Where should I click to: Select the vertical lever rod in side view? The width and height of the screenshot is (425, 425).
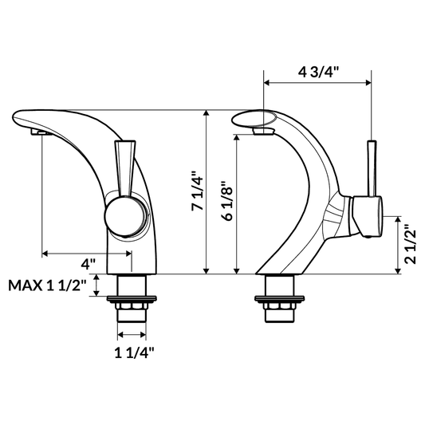pyautogui.click(x=371, y=167)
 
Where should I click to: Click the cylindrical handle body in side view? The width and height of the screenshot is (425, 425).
pyautogui.click(x=367, y=216)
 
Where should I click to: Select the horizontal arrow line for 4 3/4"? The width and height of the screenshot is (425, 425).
pyautogui.click(x=317, y=82)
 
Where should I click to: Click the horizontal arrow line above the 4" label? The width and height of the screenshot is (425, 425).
pyautogui.click(x=88, y=254)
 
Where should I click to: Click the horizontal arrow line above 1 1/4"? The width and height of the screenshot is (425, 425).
pyautogui.click(x=132, y=335)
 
